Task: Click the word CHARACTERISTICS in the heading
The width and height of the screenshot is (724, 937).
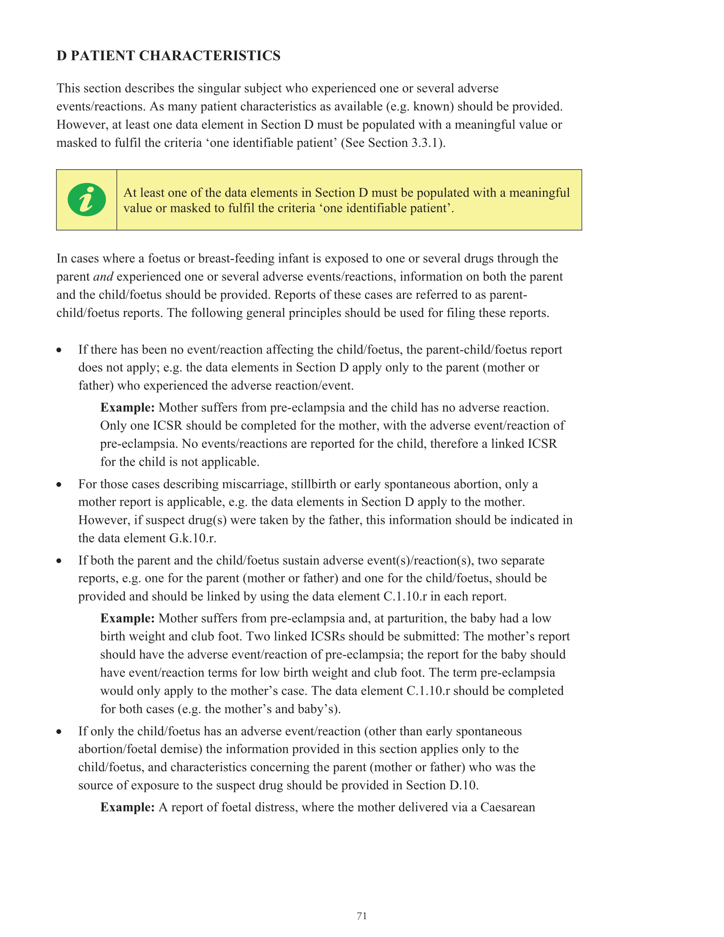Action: [x=209, y=56]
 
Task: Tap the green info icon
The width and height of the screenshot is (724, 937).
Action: [x=87, y=200]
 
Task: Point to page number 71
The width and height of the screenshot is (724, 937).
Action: [x=362, y=916]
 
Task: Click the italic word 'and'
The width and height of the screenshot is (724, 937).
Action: [x=103, y=277]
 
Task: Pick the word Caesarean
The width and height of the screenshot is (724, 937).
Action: [x=507, y=807]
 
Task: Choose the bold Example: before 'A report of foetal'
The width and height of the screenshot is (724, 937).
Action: [x=127, y=807]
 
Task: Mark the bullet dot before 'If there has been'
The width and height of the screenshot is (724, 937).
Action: [x=59, y=350]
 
